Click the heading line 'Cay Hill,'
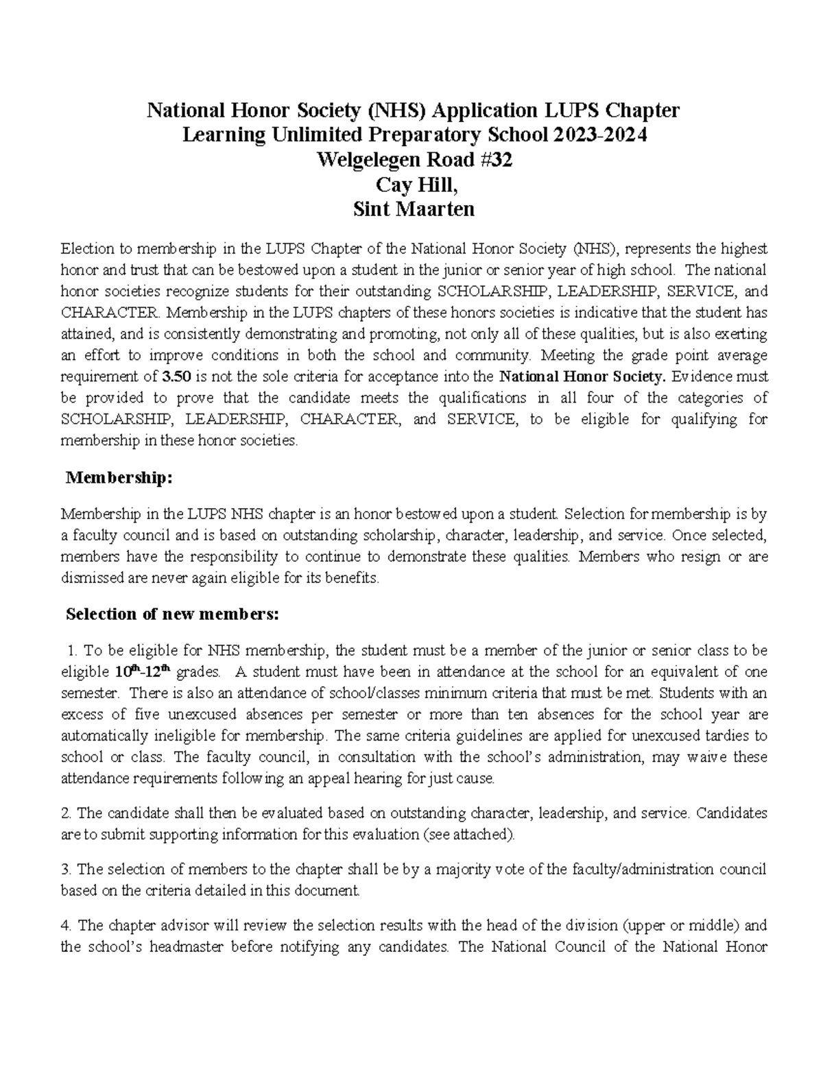pyautogui.click(x=412, y=184)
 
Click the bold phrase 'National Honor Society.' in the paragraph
pyautogui.click(x=582, y=376)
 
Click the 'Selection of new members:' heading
pyautogui.click(x=171, y=614)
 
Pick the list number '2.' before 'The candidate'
pyautogui.click(x=67, y=813)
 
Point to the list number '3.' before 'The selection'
pyautogui.click(x=67, y=870)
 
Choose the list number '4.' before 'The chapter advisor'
pyautogui.click(x=67, y=926)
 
